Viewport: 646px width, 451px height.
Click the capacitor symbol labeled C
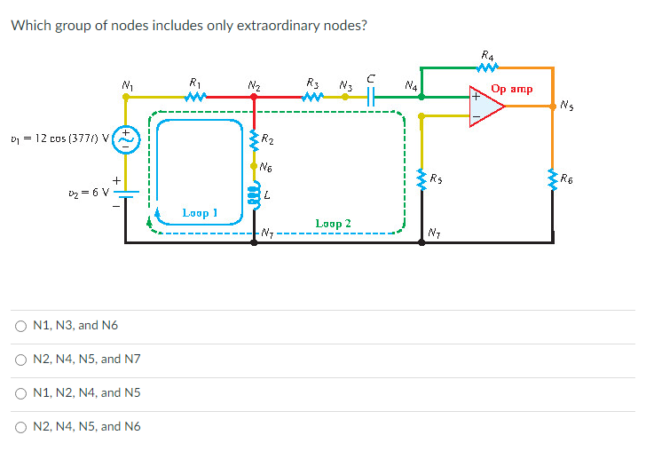(x=374, y=96)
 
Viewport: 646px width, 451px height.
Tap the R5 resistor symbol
(x=421, y=178)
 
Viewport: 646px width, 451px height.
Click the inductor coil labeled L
(x=255, y=194)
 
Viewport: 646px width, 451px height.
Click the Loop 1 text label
(x=199, y=213)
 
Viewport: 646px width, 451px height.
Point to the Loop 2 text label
(x=333, y=224)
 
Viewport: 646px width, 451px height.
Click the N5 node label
(x=566, y=107)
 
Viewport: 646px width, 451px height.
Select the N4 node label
(x=410, y=85)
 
